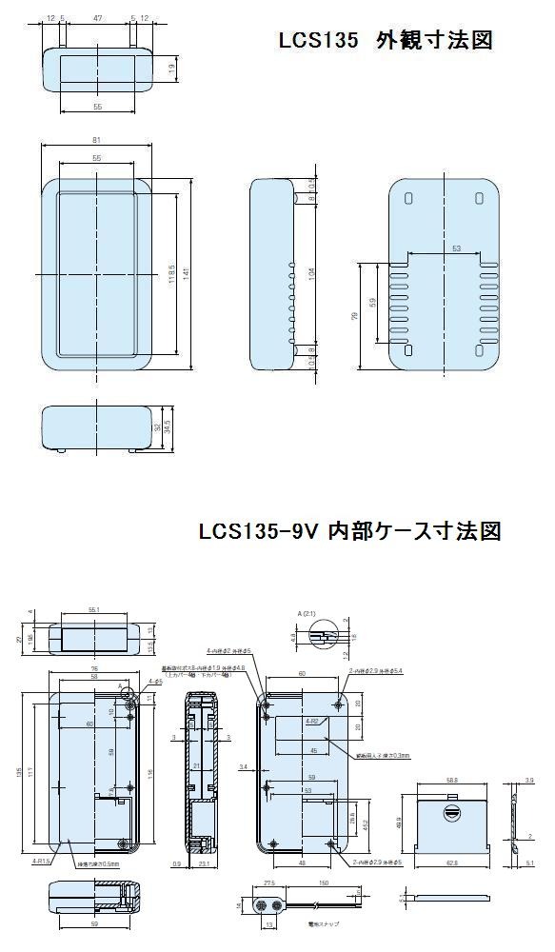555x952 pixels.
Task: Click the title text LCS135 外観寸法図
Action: click(385, 41)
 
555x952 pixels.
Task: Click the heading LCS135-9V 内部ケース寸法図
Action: click(349, 530)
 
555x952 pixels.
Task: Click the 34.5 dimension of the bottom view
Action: click(168, 426)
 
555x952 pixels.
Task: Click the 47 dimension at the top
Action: click(97, 18)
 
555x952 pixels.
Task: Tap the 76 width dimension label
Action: click(94, 668)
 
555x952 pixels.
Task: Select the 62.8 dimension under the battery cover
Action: click(451, 863)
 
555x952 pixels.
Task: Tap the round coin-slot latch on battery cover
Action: click(454, 811)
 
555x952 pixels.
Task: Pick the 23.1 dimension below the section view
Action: click(204, 863)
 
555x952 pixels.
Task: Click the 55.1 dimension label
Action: click(93, 610)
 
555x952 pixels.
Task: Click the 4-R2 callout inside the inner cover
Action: click(311, 722)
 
